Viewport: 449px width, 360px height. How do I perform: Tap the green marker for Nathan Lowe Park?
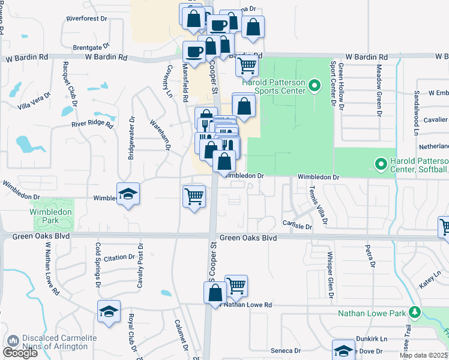tap(414, 313)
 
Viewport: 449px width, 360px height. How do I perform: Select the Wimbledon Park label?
tap(52, 216)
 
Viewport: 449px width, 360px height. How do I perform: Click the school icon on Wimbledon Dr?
tap(128, 193)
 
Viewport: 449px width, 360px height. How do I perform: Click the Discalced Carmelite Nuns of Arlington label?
tap(59, 343)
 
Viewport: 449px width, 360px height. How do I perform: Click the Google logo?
tap(20, 353)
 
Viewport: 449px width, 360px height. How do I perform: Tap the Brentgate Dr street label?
tap(91, 46)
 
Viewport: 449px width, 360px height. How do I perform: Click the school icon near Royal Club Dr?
tap(109, 311)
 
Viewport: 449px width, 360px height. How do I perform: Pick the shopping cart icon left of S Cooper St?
tap(194, 196)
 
